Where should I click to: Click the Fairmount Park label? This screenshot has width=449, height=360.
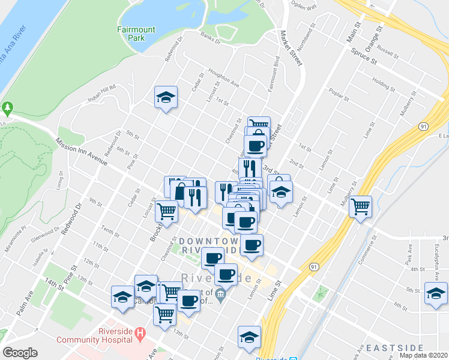point(132,33)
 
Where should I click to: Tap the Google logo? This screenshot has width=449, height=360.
point(20,353)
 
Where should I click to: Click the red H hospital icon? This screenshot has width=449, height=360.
point(140,332)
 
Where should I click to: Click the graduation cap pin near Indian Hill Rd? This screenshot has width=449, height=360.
point(166,97)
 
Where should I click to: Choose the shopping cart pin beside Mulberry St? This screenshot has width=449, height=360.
point(360,207)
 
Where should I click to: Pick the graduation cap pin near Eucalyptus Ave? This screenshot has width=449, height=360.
point(435,294)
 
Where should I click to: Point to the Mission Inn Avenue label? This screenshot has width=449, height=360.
point(80,152)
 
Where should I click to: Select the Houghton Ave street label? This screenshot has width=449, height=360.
point(223,78)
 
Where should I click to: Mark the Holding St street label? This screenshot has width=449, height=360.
point(381,82)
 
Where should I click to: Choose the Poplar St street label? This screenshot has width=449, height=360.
point(339,94)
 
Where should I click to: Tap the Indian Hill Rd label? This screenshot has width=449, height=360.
point(101,92)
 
